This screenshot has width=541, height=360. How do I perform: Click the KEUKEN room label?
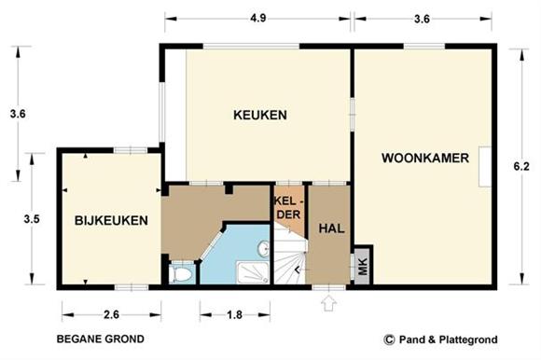[x=260, y=115]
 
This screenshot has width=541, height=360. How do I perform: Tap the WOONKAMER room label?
[x=425, y=158]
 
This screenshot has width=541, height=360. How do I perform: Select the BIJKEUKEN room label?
[x=111, y=220]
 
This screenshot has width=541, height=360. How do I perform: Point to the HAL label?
[x=331, y=228]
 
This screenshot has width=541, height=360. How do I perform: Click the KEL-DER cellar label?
[x=289, y=208]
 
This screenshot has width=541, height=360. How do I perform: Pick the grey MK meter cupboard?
[x=362, y=266]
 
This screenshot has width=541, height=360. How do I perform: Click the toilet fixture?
[x=180, y=274]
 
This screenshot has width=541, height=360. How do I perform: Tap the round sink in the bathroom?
[x=264, y=249]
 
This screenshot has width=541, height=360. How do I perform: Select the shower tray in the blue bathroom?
[x=253, y=272]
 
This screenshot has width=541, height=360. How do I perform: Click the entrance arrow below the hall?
[x=328, y=303]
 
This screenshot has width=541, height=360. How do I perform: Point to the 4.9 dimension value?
[x=258, y=18]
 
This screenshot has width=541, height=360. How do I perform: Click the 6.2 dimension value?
[x=521, y=166]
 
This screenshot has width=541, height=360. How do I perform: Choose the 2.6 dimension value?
[x=111, y=314]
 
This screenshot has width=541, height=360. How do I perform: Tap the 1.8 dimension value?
[x=235, y=314]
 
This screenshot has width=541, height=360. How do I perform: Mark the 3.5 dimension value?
[x=32, y=219]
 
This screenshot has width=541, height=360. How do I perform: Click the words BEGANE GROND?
[x=101, y=339]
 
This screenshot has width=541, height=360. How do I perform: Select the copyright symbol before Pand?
[x=389, y=339]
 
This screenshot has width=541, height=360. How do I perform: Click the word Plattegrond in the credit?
[x=468, y=339]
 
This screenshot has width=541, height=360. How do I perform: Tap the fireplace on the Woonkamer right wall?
[x=485, y=167]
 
